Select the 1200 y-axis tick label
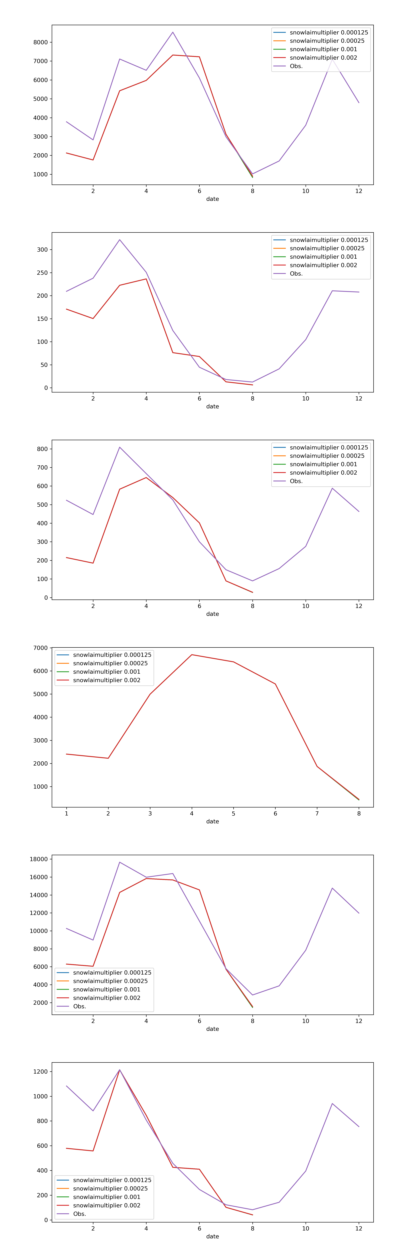click(x=40, y=1072)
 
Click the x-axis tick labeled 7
click(x=317, y=813)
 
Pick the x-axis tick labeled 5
click(x=233, y=813)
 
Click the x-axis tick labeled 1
click(x=67, y=813)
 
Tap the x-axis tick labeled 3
click(x=150, y=813)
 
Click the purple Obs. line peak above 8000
click(x=173, y=32)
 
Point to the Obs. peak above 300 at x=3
click(x=120, y=240)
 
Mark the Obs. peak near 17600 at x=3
click(x=120, y=862)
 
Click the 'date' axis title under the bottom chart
click(x=213, y=1236)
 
